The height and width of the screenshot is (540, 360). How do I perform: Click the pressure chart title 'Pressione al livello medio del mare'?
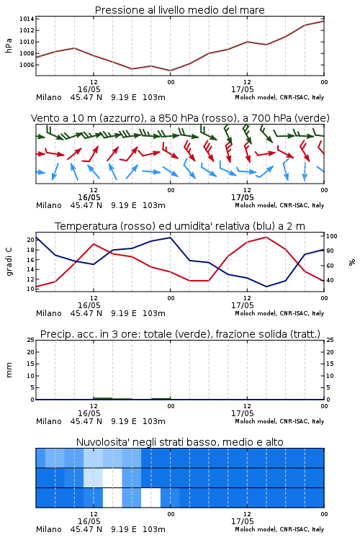[179, 10]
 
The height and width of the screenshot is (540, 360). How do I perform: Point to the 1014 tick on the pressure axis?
[27, 19]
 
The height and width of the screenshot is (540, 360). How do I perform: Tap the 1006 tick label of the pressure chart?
[27, 65]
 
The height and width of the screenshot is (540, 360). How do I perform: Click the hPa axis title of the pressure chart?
[9, 45]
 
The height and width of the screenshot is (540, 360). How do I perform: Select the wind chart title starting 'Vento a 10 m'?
[180, 119]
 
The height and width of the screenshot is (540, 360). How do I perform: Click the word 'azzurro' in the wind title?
[121, 119]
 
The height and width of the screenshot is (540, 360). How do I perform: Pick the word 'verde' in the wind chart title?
[312, 119]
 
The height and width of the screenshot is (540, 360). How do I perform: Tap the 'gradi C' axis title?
[9, 261]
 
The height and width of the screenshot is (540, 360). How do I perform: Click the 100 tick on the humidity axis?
[332, 236]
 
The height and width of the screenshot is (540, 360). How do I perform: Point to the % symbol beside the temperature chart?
[352, 262]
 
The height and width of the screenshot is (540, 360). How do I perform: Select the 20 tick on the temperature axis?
[31, 240]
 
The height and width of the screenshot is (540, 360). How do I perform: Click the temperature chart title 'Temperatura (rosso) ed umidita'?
[180, 226]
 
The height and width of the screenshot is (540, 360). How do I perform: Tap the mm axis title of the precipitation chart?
[9, 370]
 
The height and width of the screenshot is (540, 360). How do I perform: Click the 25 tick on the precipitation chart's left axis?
[31, 340]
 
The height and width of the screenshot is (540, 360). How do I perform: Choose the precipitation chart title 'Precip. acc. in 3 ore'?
[180, 334]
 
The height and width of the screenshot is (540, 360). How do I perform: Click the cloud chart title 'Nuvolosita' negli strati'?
[180, 442]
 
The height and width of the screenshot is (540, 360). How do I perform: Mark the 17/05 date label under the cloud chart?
[242, 521]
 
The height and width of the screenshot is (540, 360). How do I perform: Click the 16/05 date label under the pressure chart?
[89, 89]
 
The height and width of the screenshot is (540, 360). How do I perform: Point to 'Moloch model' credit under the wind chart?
[256, 205]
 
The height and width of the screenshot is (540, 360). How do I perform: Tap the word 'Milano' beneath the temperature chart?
[48, 313]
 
